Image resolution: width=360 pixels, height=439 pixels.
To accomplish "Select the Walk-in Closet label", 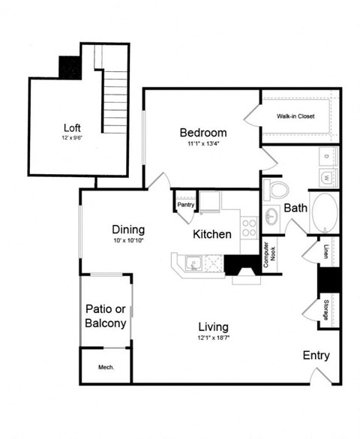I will (295, 117).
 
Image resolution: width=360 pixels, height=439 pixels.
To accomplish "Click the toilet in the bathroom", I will (275, 188).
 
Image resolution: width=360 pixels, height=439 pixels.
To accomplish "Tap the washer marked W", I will (327, 178).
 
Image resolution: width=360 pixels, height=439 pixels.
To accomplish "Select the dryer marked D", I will (327, 156).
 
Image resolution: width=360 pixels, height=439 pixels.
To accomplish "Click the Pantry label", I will (184, 204).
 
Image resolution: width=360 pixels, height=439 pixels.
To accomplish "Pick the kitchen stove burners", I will (249, 227).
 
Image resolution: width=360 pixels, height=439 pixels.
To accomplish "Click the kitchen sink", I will (193, 263).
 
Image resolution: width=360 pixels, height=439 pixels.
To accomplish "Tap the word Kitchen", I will (212, 234).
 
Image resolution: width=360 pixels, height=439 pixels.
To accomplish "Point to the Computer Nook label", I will (265, 254).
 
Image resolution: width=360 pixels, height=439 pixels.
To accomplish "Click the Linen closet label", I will (325, 251).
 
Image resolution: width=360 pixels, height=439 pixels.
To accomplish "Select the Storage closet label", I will (325, 311).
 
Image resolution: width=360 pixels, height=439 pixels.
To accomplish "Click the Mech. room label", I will (105, 367).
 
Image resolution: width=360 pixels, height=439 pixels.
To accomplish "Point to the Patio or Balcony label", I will (105, 317).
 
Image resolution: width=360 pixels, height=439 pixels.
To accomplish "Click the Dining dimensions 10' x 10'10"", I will (127, 241).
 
